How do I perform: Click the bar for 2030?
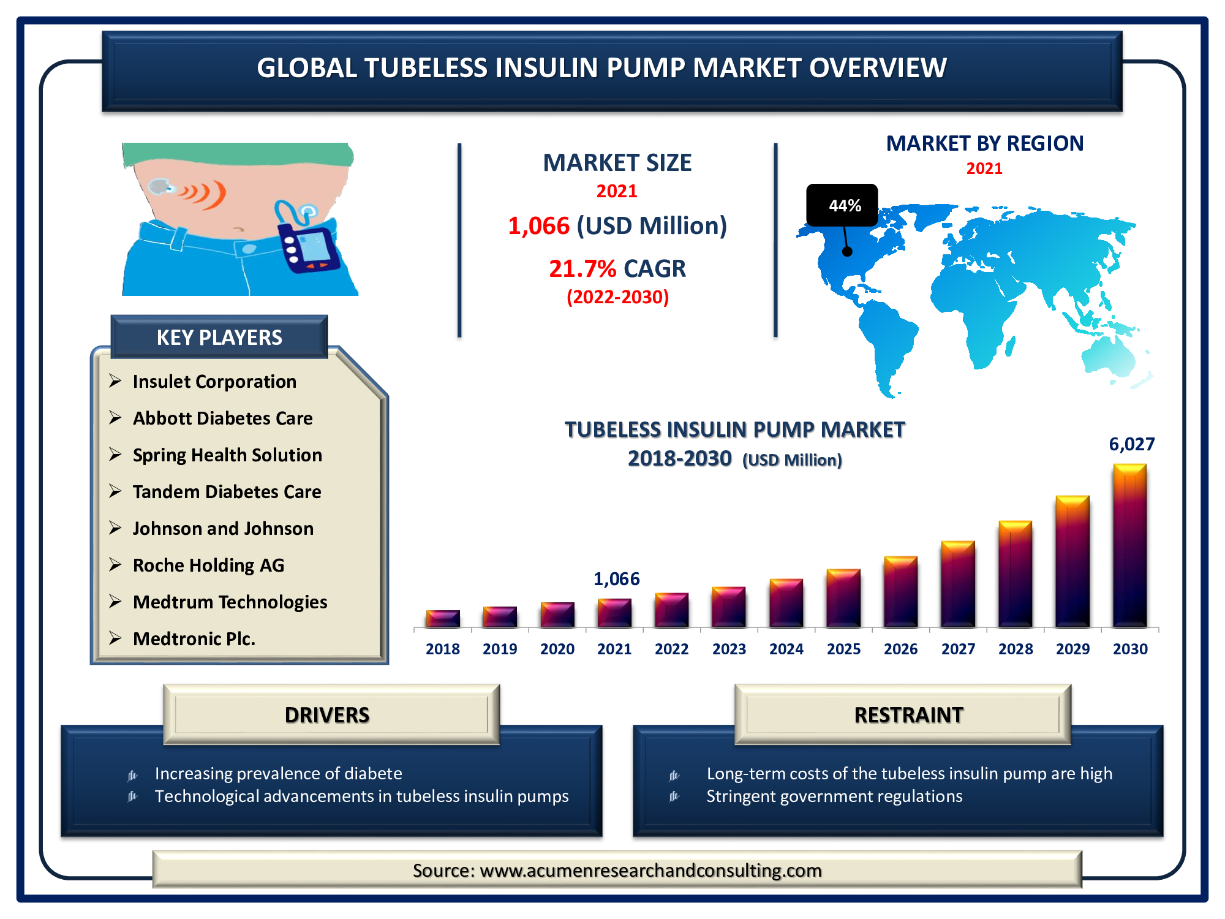1130,545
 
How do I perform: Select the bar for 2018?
443,619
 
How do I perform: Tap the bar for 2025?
843,599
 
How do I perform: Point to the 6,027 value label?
1132,444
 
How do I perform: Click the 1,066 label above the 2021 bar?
616,579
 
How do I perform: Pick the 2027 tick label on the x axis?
958,649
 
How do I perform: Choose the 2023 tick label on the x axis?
729,649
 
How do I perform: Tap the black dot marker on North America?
847,251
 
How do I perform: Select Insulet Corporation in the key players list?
214,382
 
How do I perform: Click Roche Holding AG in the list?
208,565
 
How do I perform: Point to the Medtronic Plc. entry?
194,639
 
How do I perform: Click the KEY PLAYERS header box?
219,337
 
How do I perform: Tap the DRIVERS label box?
331,714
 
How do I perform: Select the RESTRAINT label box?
903,714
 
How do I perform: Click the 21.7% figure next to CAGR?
582,269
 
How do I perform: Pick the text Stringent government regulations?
834,796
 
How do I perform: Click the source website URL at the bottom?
650,871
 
